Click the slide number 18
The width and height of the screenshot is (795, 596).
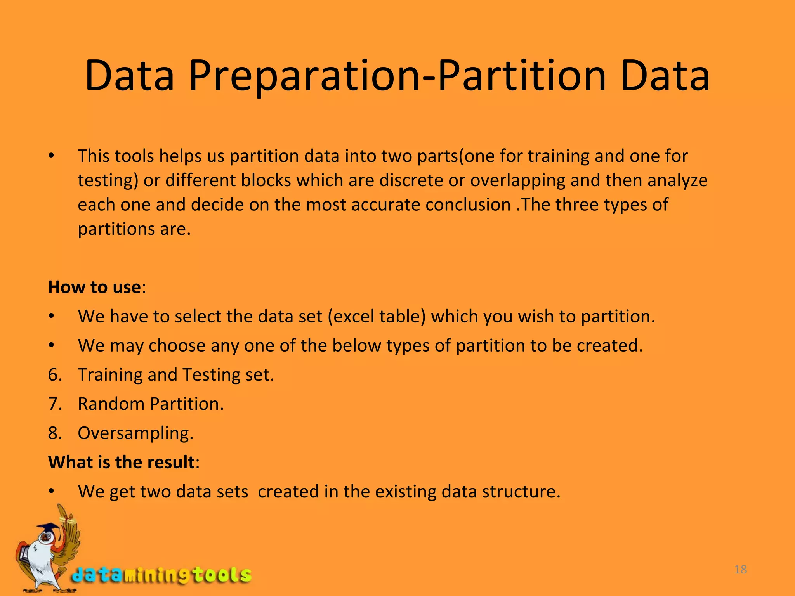click(741, 570)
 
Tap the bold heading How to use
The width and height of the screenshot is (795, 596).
click(94, 287)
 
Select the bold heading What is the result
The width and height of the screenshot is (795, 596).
click(121, 462)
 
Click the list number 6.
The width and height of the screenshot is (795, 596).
click(55, 375)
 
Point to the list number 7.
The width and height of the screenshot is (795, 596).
click(55, 404)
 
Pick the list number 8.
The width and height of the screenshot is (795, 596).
click(55, 433)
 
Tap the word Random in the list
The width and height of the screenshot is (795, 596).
click(111, 404)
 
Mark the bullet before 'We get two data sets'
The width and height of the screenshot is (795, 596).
click(51, 492)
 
